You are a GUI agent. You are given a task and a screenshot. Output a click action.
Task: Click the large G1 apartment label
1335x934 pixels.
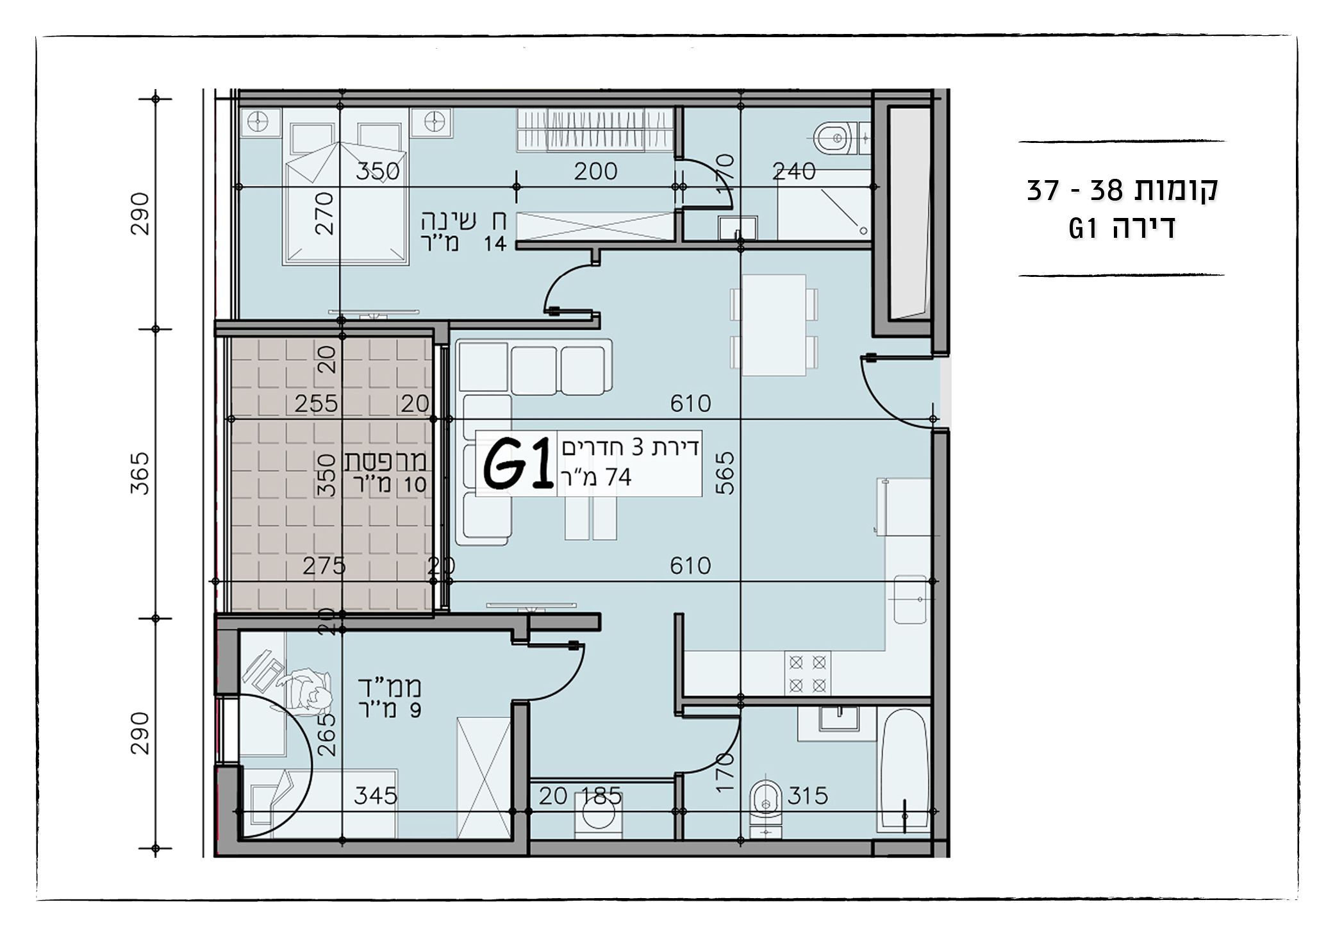coord(518,463)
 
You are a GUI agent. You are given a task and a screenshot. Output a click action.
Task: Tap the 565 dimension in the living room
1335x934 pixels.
coord(726,473)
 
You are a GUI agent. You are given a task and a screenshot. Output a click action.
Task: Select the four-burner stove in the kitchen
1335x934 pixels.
coord(808,674)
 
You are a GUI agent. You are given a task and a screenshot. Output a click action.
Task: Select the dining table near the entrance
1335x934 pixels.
coord(774,325)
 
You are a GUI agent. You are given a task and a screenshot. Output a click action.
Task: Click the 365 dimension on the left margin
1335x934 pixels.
coord(140,473)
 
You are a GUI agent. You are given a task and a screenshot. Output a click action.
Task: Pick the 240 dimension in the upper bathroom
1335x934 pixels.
coord(794,171)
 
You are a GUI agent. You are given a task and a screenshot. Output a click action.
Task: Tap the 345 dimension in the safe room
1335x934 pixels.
coord(376,796)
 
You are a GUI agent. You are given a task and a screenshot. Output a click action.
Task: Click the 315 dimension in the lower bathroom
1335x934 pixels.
coord(808,796)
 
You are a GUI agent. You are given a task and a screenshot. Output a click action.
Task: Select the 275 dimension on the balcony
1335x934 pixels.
coord(324,565)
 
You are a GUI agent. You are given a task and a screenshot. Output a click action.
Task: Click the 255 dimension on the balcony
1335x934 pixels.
coord(316,403)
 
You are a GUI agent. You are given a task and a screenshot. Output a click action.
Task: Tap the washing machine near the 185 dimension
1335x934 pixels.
coord(597,815)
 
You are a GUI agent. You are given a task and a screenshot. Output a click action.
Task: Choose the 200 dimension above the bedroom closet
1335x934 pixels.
coord(595,171)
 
